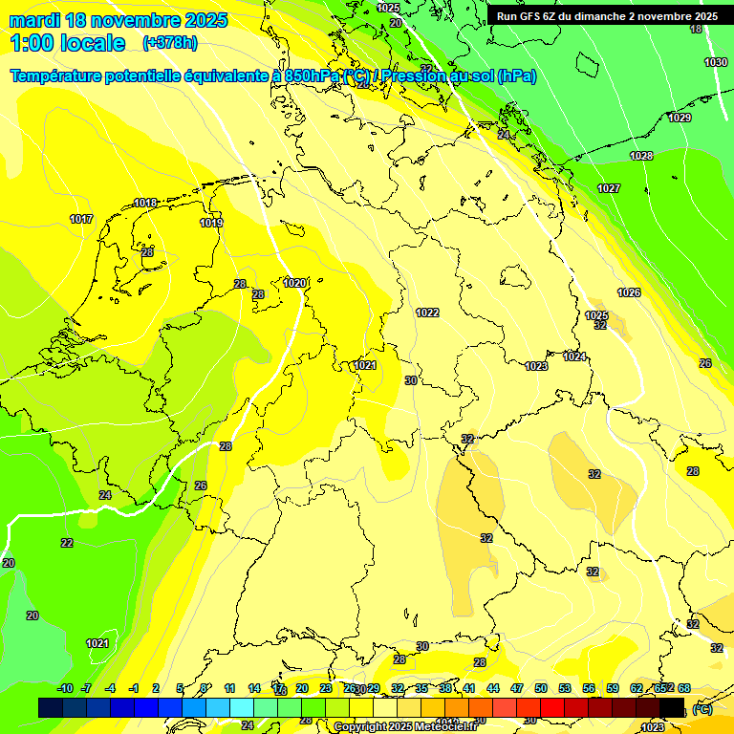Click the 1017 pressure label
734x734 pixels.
click(x=81, y=219)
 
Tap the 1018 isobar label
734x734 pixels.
click(x=145, y=203)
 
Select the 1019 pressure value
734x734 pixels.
click(x=211, y=223)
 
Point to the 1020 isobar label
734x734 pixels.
click(x=294, y=283)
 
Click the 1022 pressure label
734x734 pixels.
click(x=427, y=313)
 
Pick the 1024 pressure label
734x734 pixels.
click(x=574, y=356)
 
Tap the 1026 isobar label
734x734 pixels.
click(x=628, y=292)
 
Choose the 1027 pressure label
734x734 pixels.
click(x=609, y=188)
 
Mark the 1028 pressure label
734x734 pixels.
click(x=641, y=156)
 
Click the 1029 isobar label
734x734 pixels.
click(x=680, y=118)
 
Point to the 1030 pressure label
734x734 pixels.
click(x=715, y=62)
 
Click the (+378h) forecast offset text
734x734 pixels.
click(x=171, y=43)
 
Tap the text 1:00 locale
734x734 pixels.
click(x=68, y=43)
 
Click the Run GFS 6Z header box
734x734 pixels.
click(x=607, y=16)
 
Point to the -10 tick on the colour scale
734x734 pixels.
click(x=65, y=688)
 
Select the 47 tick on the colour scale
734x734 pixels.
click(x=517, y=688)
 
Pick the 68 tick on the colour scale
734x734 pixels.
click(x=684, y=688)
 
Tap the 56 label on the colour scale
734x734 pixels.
click(x=589, y=688)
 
